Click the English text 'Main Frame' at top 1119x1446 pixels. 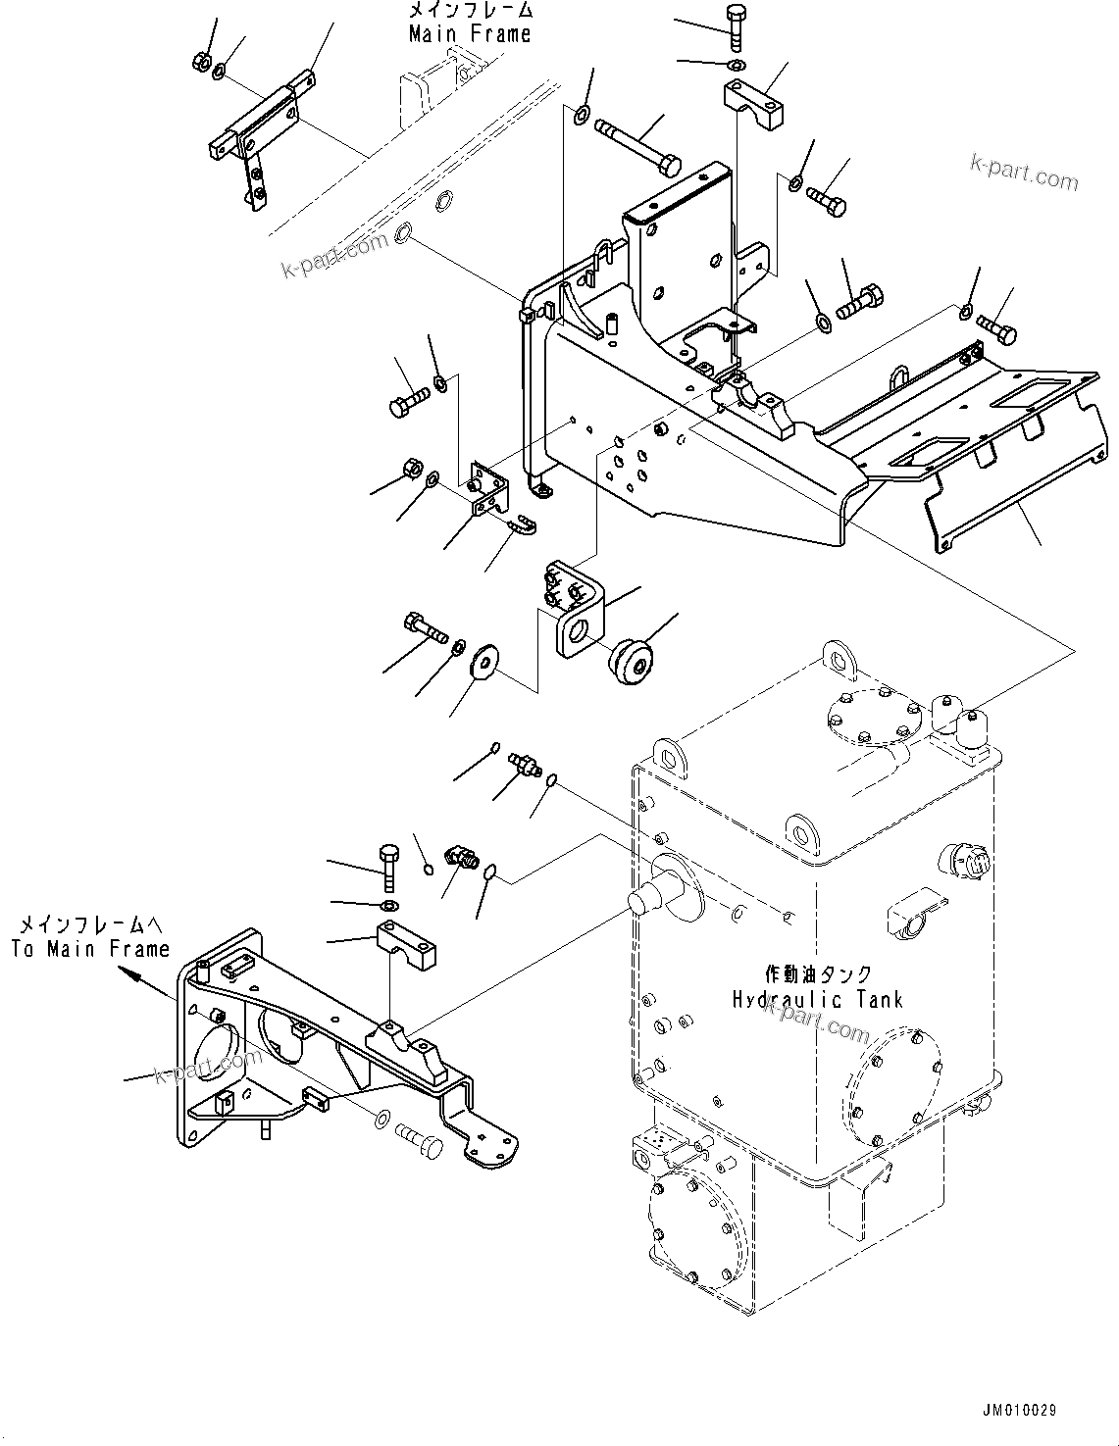click(470, 34)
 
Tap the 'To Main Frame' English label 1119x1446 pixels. click(90, 948)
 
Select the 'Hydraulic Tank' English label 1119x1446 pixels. click(816, 999)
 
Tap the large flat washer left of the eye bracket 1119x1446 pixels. click(483, 662)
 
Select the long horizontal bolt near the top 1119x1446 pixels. click(638, 143)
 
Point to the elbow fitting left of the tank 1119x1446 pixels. click(460, 856)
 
